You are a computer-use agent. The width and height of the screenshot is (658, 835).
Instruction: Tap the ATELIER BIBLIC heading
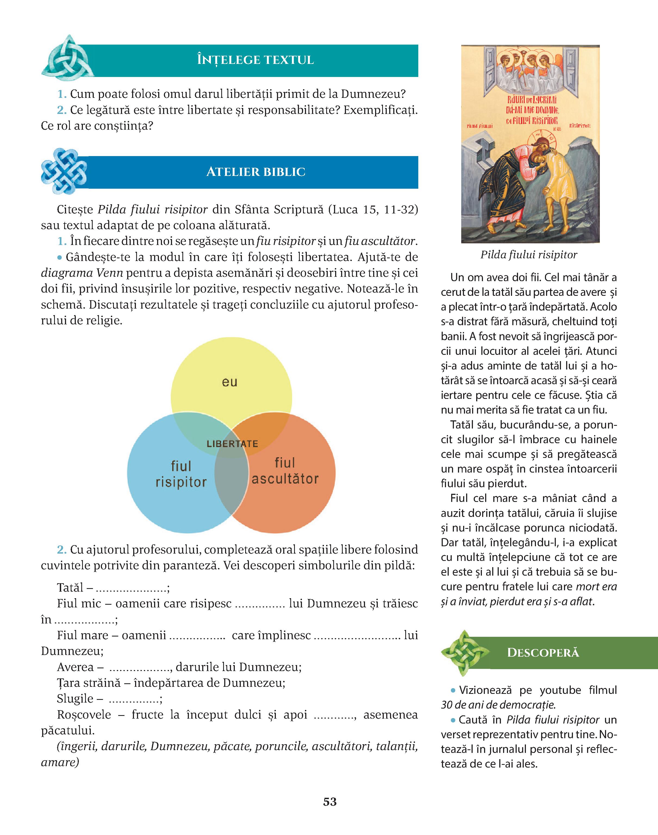256,172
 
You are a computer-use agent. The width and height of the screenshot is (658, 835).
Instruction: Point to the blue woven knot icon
64,171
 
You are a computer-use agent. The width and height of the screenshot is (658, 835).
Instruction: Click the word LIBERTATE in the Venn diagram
232,443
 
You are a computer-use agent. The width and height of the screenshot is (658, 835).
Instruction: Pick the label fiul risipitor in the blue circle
181,474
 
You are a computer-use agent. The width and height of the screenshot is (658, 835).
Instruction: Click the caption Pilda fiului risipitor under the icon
529,255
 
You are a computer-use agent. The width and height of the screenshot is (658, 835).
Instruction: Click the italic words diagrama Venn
82,273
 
